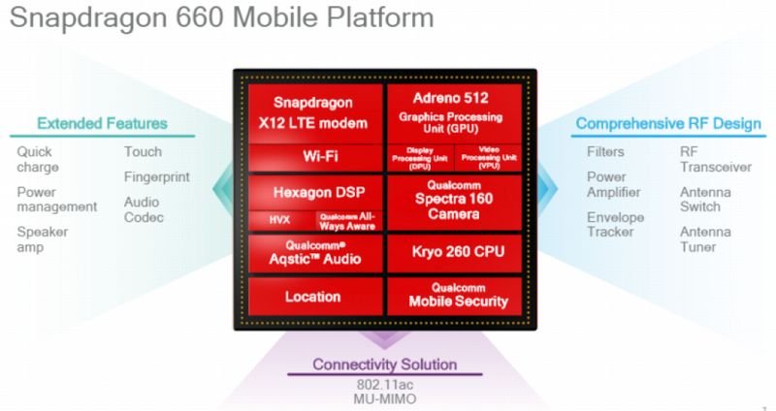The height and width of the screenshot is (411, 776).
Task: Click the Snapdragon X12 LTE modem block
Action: [x=312, y=111]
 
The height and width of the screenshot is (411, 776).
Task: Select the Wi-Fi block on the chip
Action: [x=312, y=155]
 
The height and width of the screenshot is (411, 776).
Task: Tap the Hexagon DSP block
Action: [x=312, y=192]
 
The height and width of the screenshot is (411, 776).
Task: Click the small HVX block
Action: [x=279, y=221]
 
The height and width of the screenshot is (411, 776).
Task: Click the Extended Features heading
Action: [x=102, y=123]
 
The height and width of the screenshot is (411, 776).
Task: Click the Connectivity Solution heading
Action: [x=384, y=364]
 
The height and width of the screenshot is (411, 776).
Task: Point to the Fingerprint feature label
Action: [x=156, y=177]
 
